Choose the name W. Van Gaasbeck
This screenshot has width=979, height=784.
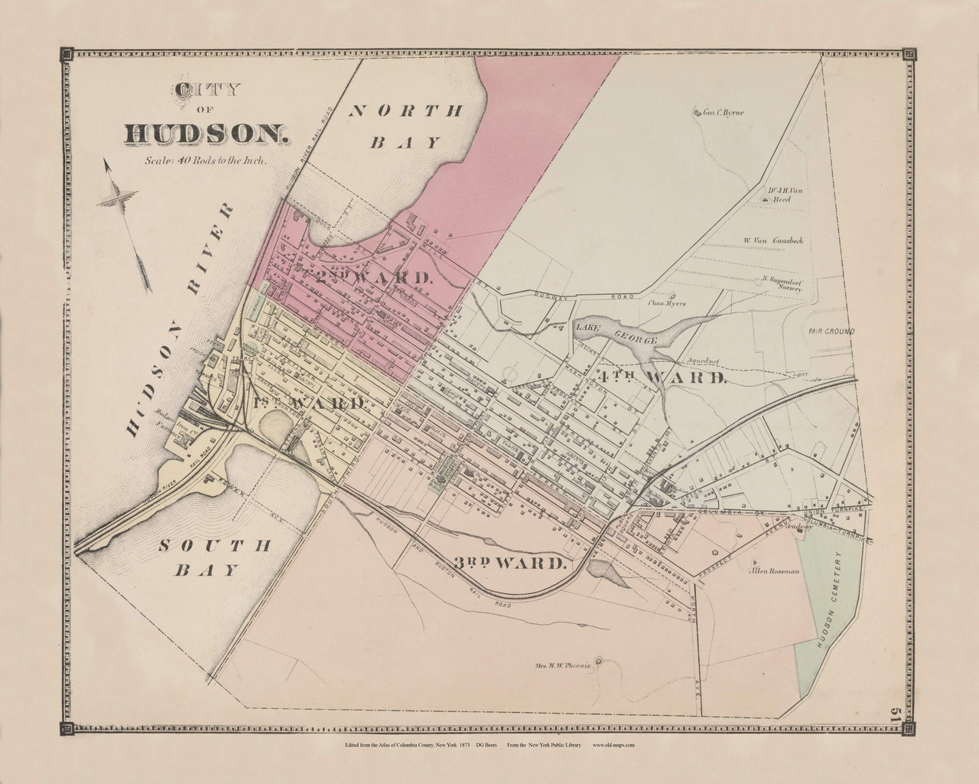773,240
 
